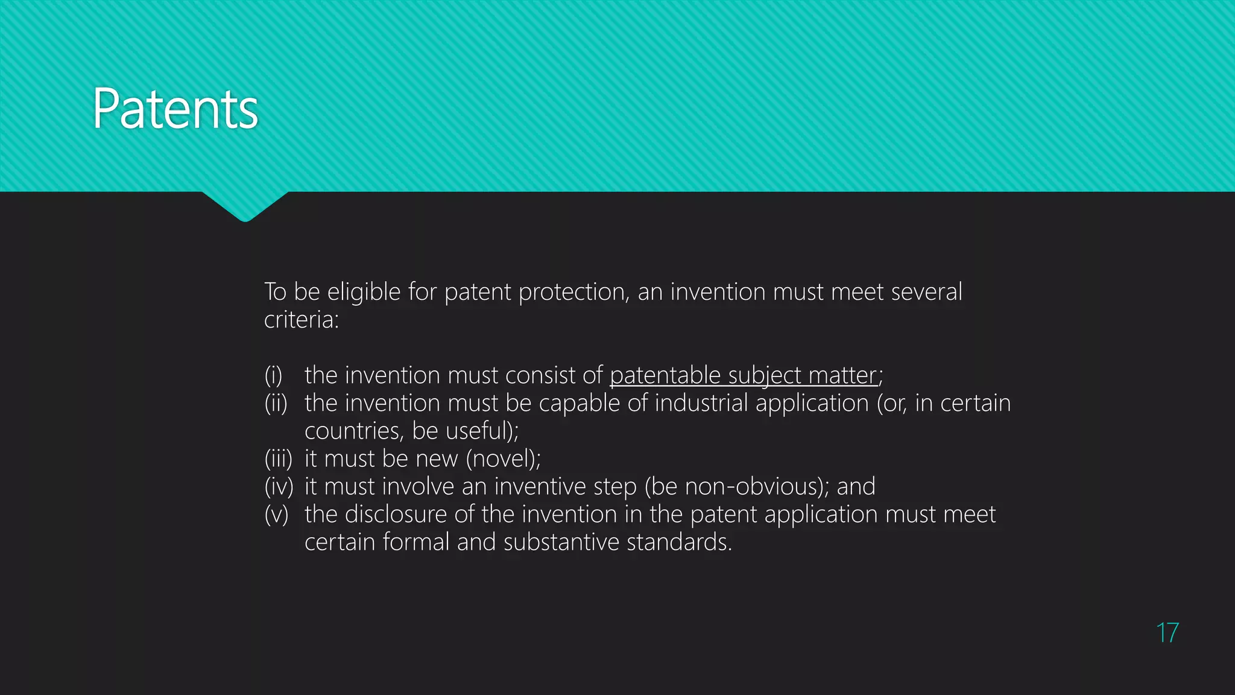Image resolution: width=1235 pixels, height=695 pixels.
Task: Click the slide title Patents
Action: click(x=175, y=109)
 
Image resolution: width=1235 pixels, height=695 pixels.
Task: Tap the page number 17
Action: click(x=1167, y=633)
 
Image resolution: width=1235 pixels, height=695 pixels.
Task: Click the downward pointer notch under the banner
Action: click(x=245, y=206)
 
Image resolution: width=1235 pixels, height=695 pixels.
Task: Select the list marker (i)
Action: click(x=273, y=376)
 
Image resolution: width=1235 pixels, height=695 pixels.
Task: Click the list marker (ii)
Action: click(x=276, y=404)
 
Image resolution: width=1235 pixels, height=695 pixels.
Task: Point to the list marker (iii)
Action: click(x=278, y=459)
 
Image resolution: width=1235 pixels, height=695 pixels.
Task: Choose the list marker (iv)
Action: click(x=279, y=487)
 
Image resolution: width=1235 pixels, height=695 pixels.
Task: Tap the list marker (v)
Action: click(x=276, y=515)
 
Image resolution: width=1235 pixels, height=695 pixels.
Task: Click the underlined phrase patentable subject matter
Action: click(x=743, y=376)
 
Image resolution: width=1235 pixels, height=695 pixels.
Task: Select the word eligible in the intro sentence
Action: click(x=364, y=293)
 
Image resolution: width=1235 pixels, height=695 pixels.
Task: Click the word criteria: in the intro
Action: click(x=302, y=320)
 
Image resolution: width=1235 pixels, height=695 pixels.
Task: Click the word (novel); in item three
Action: click(x=503, y=459)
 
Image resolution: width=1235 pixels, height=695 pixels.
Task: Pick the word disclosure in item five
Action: click(x=396, y=515)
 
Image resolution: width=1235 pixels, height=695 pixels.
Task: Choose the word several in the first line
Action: click(x=926, y=293)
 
